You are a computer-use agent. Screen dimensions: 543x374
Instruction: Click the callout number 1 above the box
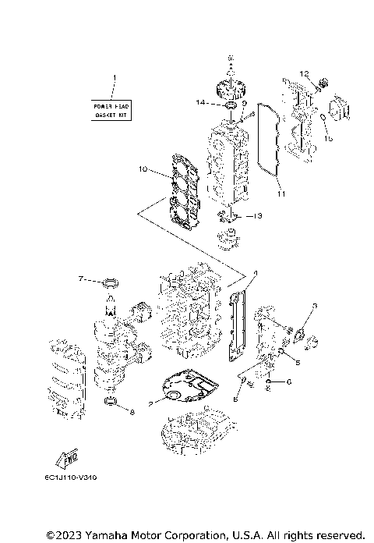[x=114, y=78]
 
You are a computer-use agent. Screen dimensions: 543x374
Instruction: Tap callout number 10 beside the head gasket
[x=143, y=169]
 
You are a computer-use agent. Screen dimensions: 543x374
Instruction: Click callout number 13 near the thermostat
[x=259, y=215]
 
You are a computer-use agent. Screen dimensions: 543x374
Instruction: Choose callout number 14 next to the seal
[x=202, y=102]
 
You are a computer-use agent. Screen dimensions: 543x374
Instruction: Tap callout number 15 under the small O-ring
[x=328, y=138]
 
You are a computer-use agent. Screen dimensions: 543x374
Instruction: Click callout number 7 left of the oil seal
[x=80, y=279]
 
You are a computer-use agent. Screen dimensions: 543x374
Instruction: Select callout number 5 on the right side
[x=296, y=362]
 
